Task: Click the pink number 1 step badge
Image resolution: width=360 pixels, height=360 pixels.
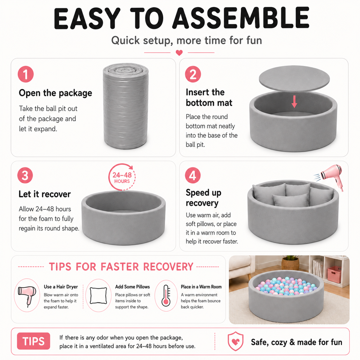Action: click(x=25, y=74)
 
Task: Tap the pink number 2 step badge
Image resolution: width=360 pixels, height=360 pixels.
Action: click(x=193, y=74)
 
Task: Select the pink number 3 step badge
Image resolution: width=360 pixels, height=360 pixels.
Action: click(x=25, y=175)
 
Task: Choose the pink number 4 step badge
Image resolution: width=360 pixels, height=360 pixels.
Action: click(x=193, y=175)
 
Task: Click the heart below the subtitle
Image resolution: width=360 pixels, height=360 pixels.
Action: click(x=179, y=53)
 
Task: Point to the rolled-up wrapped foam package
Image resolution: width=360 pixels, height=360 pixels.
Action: click(x=126, y=106)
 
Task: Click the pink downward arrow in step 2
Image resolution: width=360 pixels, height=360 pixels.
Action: click(x=294, y=102)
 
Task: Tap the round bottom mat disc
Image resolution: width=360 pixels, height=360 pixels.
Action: click(x=294, y=79)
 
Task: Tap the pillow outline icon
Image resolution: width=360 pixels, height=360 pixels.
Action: click(x=98, y=296)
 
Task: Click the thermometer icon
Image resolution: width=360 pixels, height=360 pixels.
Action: click(x=166, y=295)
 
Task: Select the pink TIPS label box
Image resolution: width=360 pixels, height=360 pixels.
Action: click(x=34, y=341)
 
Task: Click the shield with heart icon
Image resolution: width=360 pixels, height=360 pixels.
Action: click(x=235, y=341)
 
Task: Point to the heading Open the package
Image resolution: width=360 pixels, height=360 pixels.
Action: click(x=55, y=93)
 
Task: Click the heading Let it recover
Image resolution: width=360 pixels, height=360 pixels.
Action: click(x=45, y=194)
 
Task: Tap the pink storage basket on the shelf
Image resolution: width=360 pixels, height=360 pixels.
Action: click(x=334, y=274)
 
